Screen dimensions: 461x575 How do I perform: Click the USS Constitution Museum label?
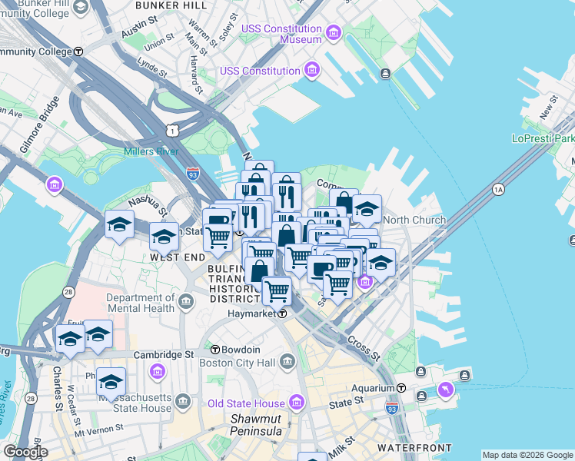(281, 34)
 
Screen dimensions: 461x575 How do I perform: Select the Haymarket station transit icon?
(282, 313)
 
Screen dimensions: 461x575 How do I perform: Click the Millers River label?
(151, 151)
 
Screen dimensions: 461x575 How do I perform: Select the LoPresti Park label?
(543, 139)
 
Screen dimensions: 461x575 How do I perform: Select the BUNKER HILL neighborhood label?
(171, 5)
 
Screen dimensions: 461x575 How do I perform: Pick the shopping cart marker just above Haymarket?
(277, 291)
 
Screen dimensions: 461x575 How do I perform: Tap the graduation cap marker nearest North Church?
(367, 209)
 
